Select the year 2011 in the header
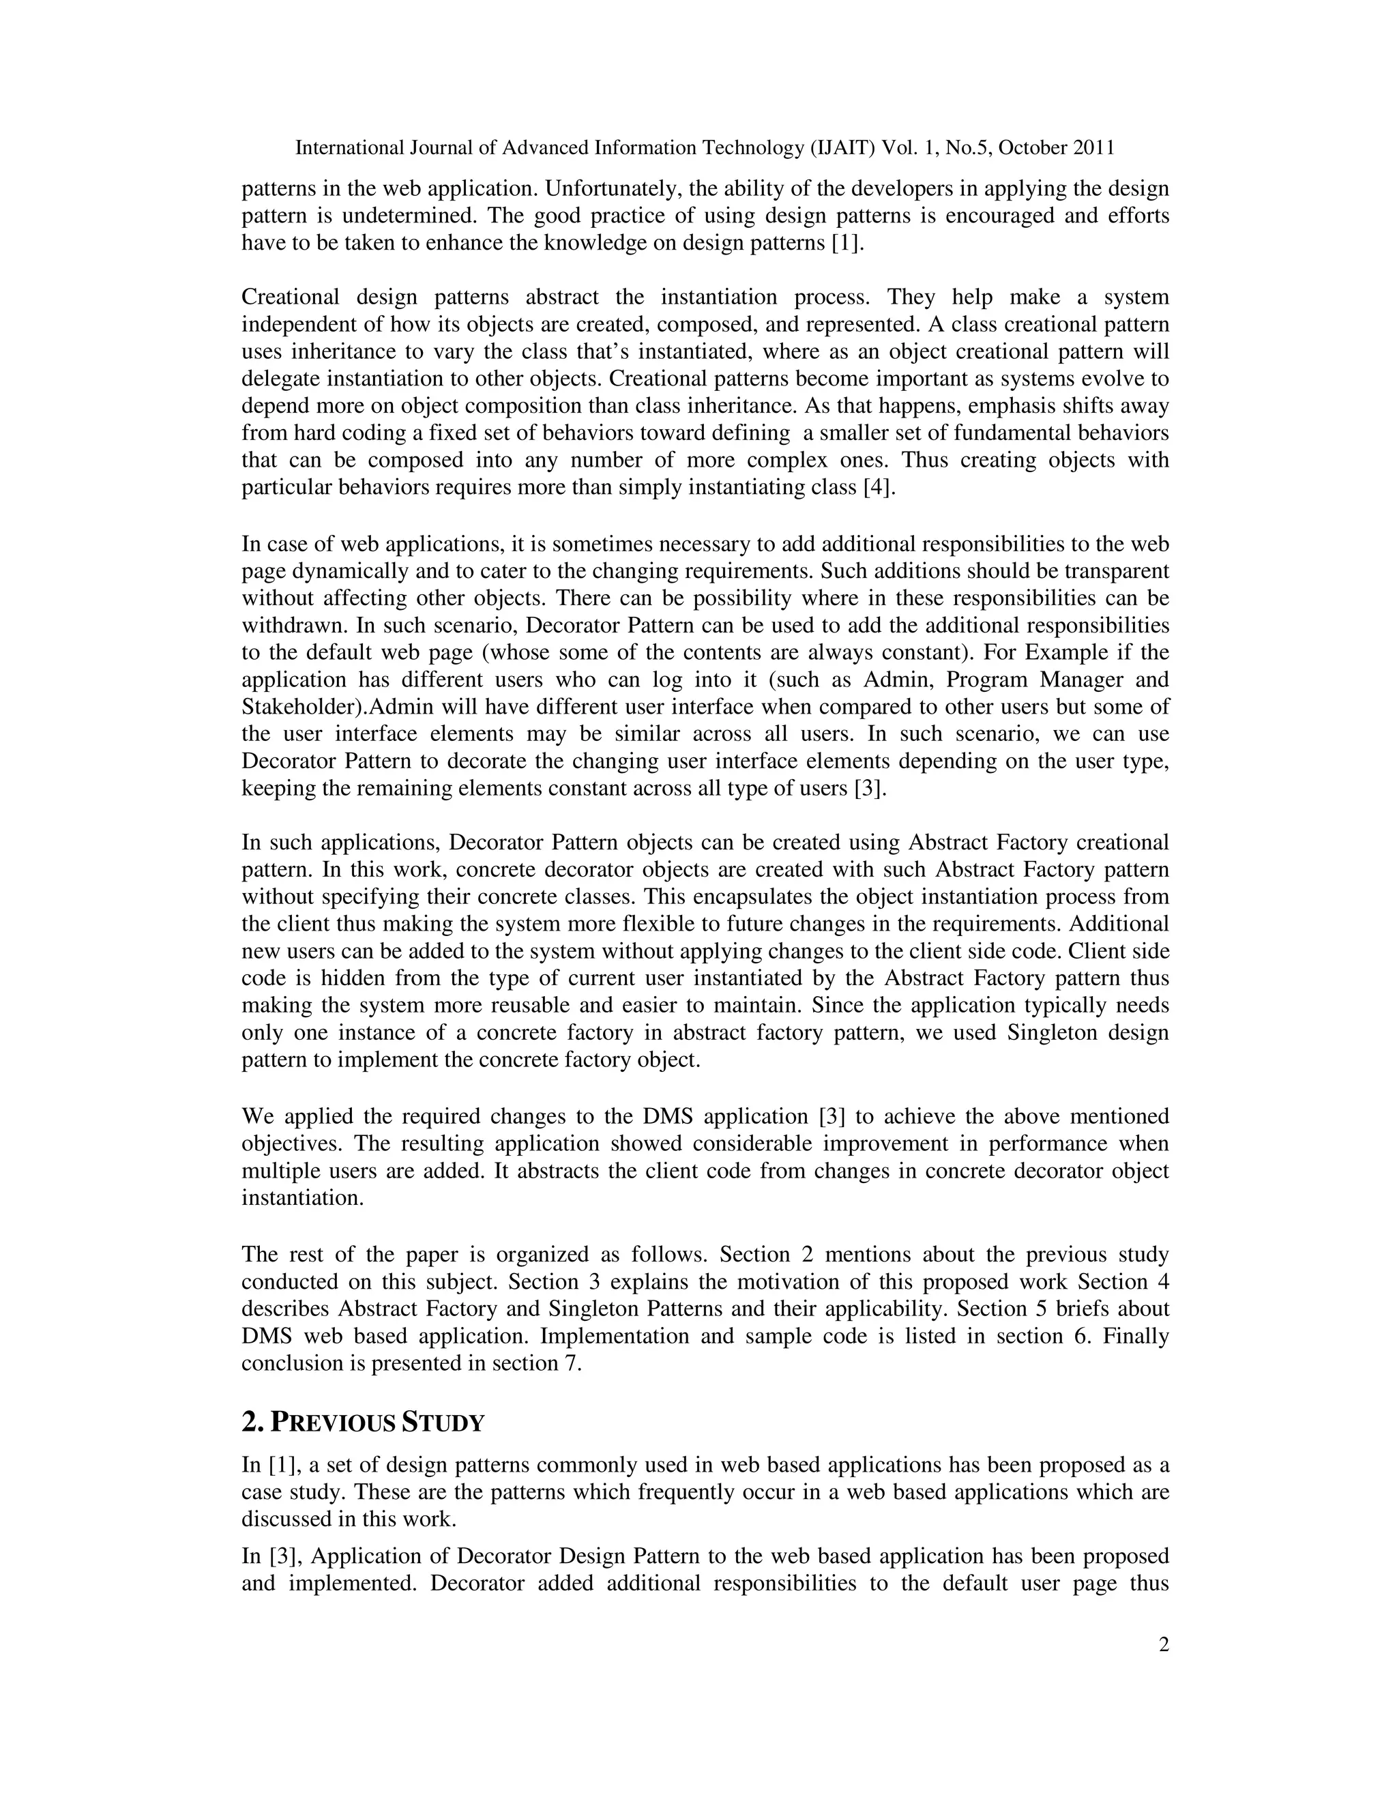[1093, 148]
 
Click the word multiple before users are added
[278, 1171]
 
